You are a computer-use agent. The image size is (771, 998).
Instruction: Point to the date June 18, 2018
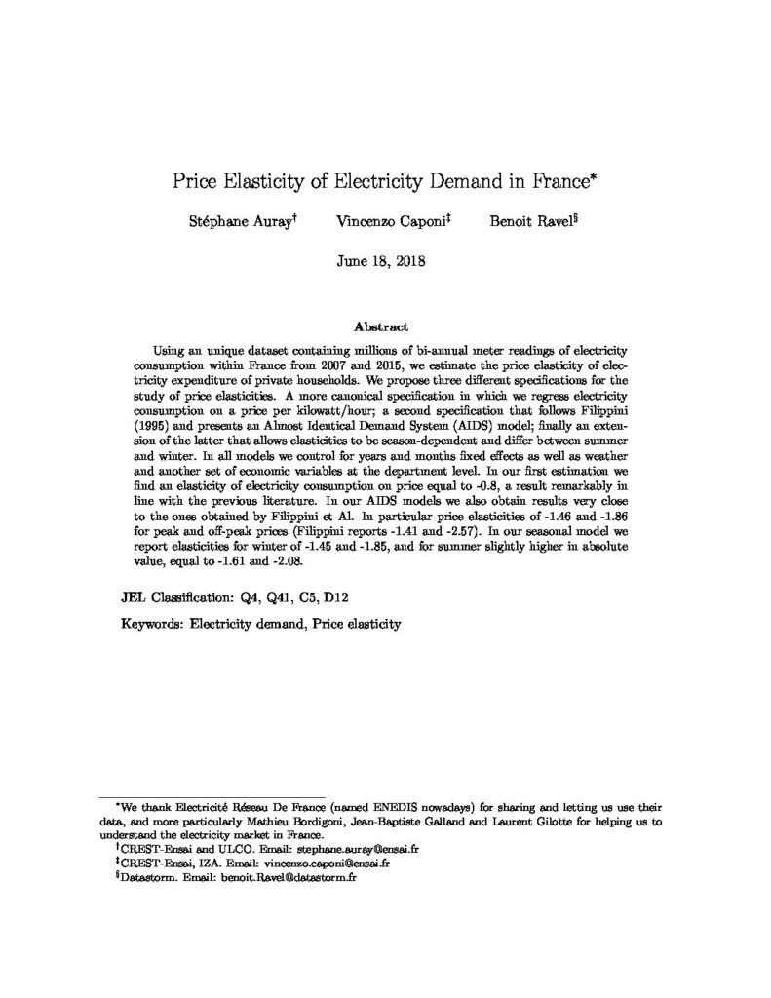click(385, 261)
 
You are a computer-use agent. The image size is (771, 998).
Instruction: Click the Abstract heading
click(385, 327)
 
